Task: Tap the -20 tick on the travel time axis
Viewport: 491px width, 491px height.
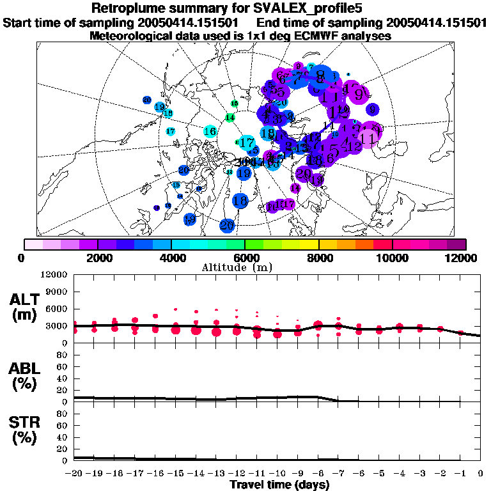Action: (74, 474)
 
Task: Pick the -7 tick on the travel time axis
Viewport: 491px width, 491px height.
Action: (338, 474)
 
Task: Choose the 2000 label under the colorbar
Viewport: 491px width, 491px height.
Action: (97, 257)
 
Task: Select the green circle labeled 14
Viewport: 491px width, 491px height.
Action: (230, 118)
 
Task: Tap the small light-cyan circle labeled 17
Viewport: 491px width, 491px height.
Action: (171, 131)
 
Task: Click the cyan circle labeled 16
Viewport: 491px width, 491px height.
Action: (210, 132)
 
